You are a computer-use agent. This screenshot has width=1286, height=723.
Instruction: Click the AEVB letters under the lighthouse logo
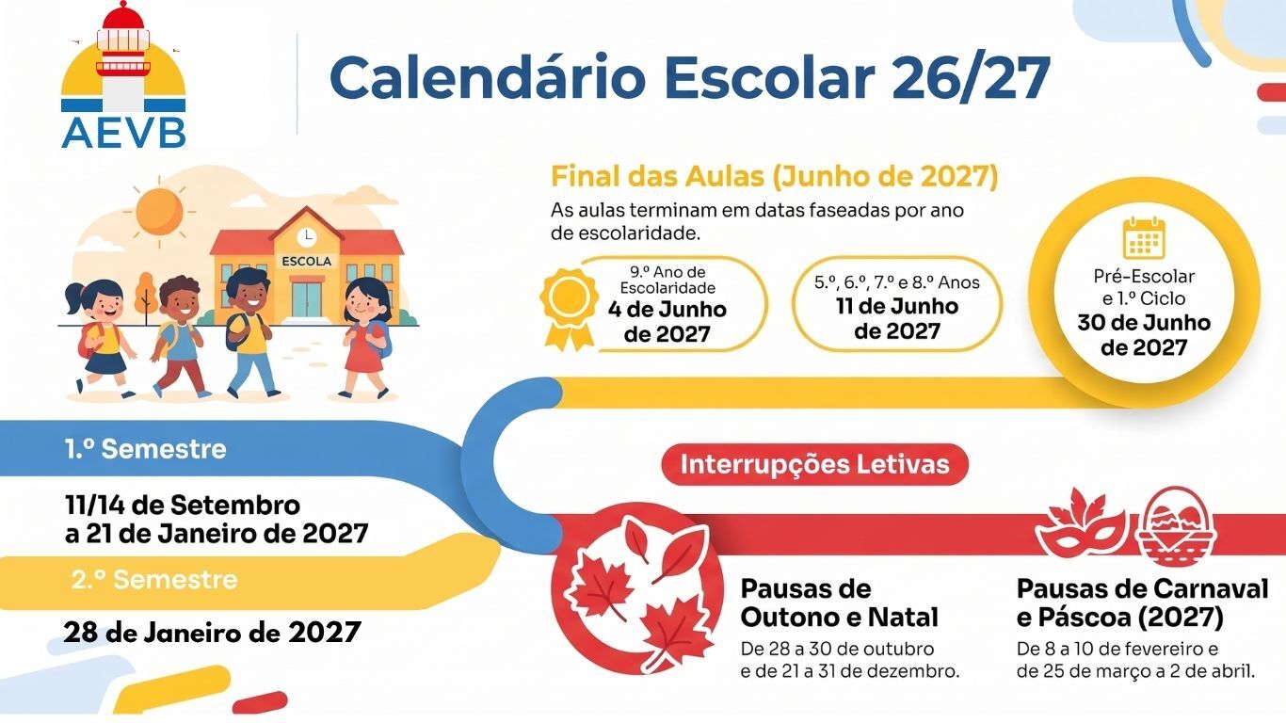pyautogui.click(x=123, y=134)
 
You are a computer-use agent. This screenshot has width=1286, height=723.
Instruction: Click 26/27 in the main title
pyautogui.click(x=971, y=79)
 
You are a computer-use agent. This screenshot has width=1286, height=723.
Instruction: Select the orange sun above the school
pyautogui.click(x=160, y=211)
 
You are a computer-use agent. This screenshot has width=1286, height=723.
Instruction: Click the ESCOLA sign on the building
pyautogui.click(x=307, y=262)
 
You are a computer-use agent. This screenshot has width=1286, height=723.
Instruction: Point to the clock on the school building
pyautogui.click(x=308, y=235)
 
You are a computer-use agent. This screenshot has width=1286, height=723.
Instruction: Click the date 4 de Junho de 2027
pyautogui.click(x=667, y=322)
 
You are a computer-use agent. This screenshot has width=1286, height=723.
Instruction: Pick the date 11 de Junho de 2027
pyautogui.click(x=897, y=319)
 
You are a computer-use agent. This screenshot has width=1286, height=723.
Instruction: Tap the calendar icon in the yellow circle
pyautogui.click(x=1144, y=238)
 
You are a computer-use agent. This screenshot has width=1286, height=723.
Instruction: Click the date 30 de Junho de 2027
pyautogui.click(x=1144, y=335)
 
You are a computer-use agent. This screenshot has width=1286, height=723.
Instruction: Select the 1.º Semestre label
pyautogui.click(x=146, y=449)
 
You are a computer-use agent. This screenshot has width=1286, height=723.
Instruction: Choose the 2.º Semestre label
pyautogui.click(x=154, y=580)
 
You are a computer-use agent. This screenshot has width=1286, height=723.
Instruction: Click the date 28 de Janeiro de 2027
pyautogui.click(x=213, y=633)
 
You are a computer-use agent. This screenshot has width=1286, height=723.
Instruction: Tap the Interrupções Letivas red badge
pyautogui.click(x=814, y=464)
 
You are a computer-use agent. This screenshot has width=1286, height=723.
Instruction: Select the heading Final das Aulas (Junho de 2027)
pyautogui.click(x=775, y=177)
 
